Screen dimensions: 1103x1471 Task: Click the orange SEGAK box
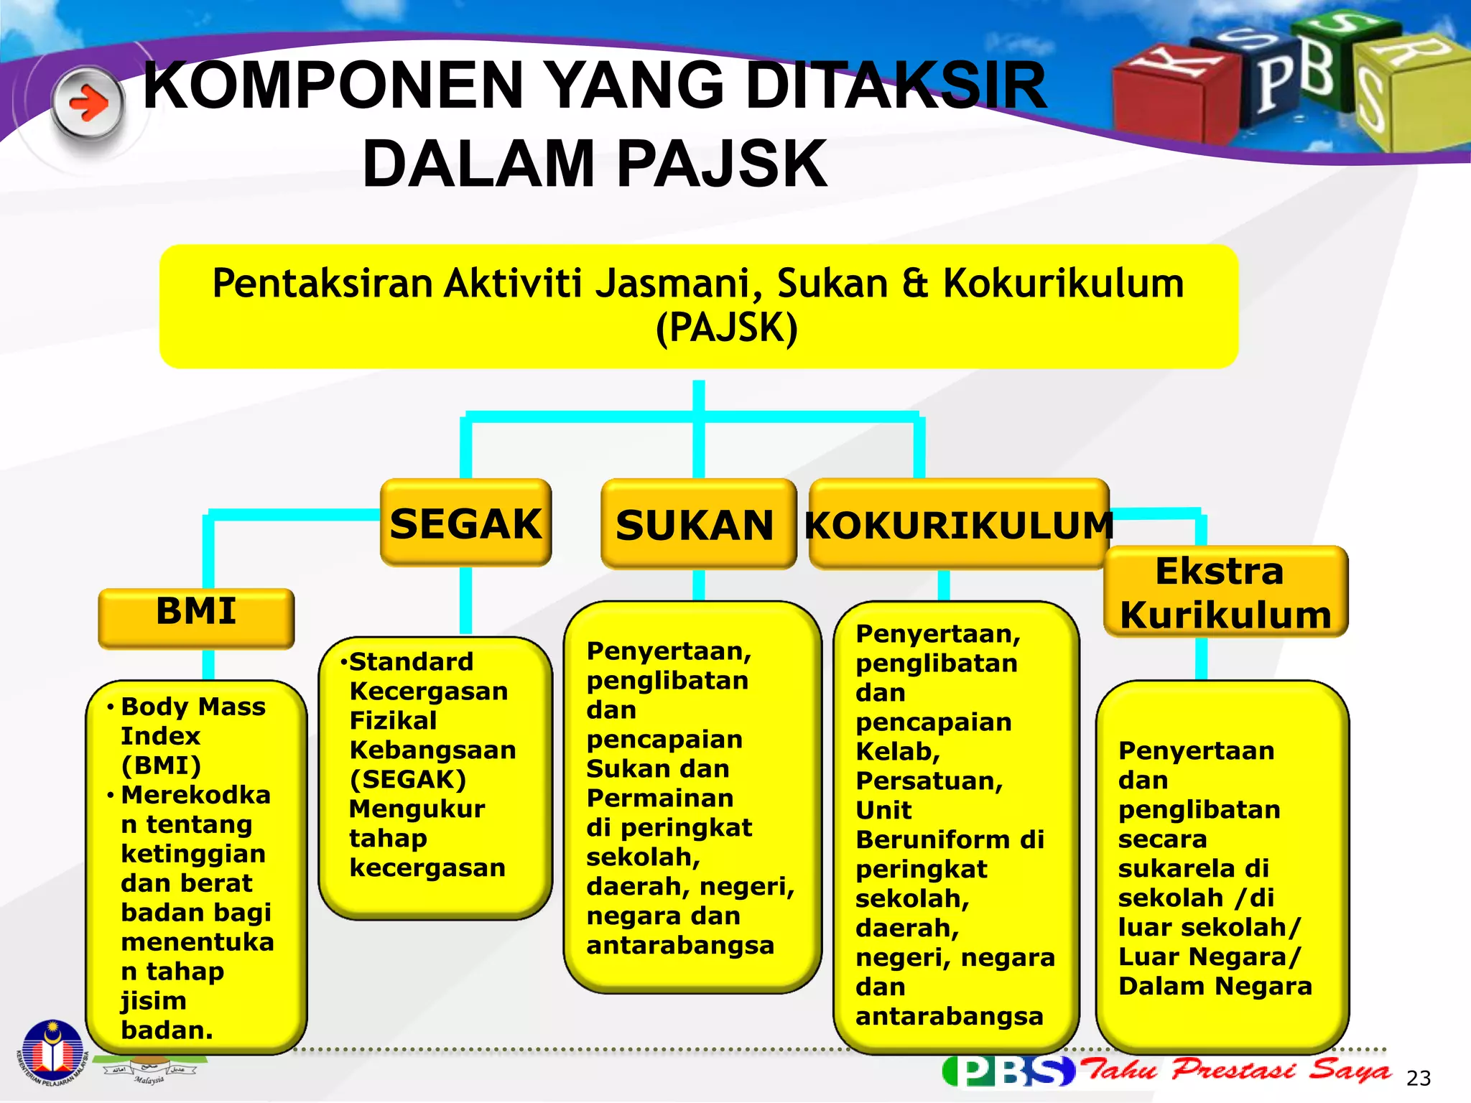(x=465, y=523)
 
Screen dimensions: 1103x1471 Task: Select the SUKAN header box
(x=697, y=525)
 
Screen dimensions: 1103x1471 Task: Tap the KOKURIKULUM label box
(x=958, y=525)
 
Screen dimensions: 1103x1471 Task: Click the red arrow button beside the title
(x=88, y=105)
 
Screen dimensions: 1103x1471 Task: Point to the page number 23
(x=1418, y=1078)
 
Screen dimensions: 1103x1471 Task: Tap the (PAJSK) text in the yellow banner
(x=726, y=328)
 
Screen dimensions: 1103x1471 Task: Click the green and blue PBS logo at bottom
(x=1008, y=1071)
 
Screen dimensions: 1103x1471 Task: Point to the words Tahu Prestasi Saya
(x=1235, y=1070)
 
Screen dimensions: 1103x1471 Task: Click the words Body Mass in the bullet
(x=192, y=707)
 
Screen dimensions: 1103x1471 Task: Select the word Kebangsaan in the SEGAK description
(x=432, y=750)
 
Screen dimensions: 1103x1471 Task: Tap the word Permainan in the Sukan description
(x=659, y=798)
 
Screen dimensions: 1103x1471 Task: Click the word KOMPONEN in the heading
(x=333, y=86)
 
